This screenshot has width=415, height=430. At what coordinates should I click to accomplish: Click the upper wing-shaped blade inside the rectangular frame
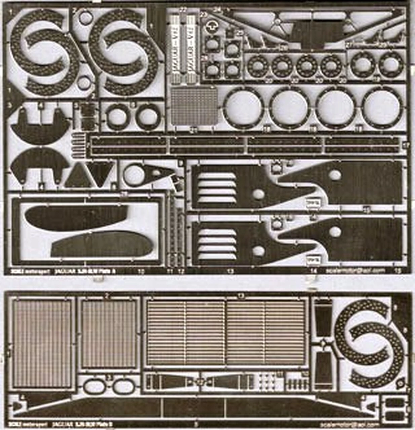pos(76,218)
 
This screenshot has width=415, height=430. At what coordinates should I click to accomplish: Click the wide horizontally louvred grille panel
pos(226,333)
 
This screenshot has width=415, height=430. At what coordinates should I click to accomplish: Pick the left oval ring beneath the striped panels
pos(94,386)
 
